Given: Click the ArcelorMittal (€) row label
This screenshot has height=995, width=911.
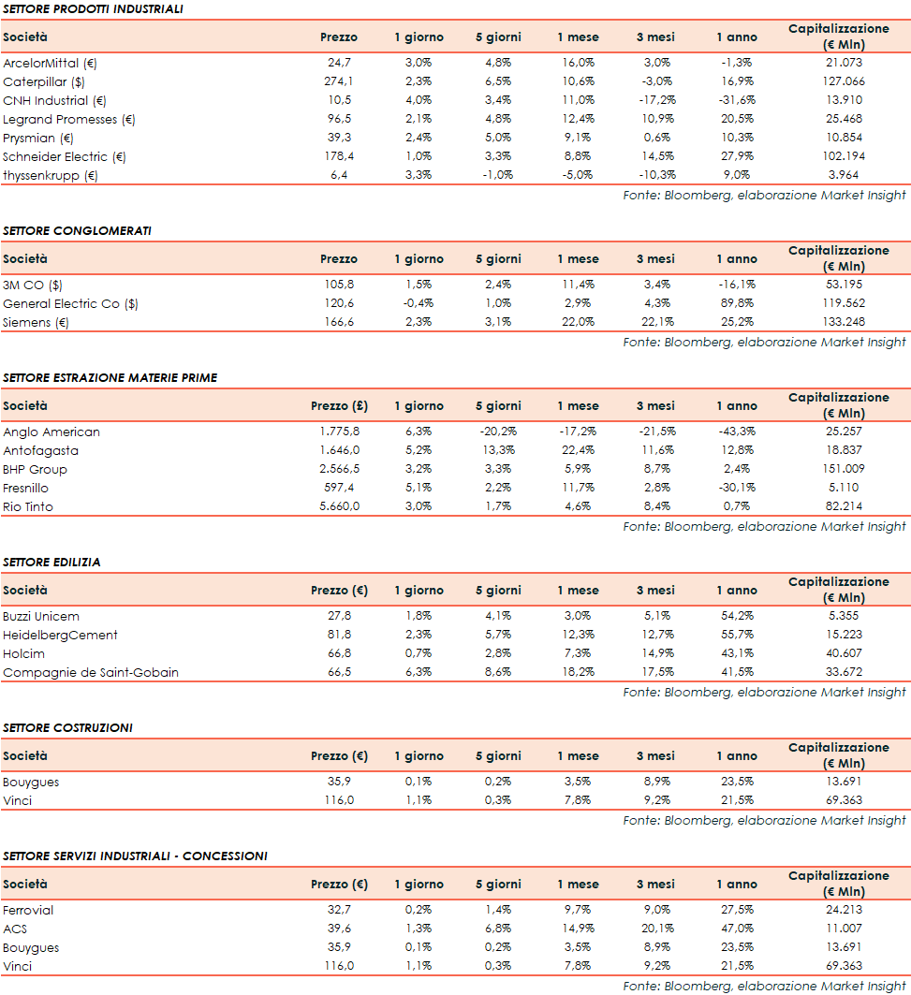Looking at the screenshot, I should [51, 63].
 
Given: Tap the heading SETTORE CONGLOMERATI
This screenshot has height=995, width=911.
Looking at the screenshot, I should [77, 230].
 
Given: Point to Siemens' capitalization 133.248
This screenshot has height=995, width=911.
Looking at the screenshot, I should [839, 322].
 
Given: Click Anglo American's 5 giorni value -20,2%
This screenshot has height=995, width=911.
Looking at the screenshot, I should [497, 432].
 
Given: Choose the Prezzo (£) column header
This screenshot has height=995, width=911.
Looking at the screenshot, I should [339, 406].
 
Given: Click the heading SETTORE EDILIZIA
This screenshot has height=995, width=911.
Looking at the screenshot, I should [51, 563].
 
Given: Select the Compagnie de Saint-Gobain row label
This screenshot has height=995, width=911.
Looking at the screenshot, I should [91, 672].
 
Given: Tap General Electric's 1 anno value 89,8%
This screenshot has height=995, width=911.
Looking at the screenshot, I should [737, 303].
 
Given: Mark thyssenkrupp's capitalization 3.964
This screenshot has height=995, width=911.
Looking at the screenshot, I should [839, 175].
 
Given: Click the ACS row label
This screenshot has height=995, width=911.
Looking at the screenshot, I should [15, 929].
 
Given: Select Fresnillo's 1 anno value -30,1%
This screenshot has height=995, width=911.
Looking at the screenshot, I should [737, 488].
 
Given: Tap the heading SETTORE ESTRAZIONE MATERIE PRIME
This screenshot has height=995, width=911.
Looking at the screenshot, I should [110, 377].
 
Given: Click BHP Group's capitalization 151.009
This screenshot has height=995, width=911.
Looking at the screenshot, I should [839, 469].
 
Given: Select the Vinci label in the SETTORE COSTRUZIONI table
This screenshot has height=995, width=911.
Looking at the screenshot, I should [17, 800].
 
